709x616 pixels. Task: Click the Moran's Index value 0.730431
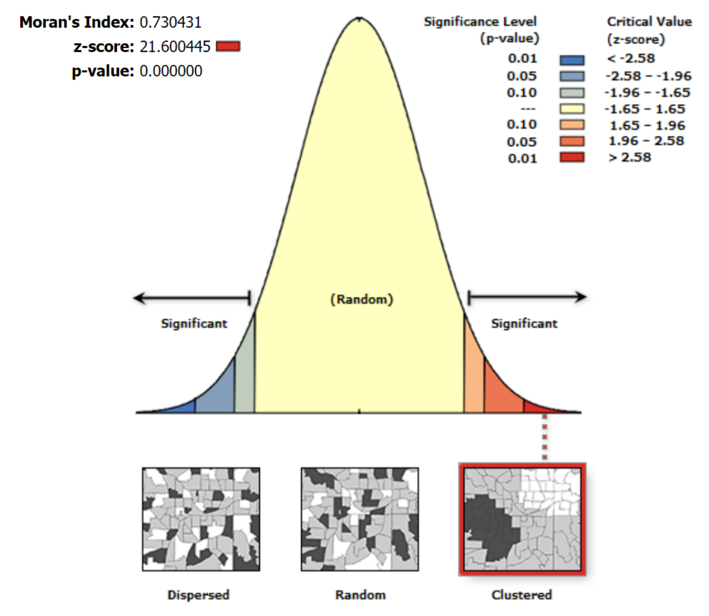[170, 23]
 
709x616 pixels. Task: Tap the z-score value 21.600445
[175, 47]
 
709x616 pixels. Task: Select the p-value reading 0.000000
[171, 71]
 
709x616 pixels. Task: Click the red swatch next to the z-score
[228, 47]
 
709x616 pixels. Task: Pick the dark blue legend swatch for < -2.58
[572, 60]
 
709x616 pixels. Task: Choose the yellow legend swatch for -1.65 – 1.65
[572, 109]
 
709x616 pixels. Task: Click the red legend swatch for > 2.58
[572, 157]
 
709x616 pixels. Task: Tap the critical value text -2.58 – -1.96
[648, 76]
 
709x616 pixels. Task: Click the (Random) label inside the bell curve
[361, 299]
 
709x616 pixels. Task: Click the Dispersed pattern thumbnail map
[201, 519]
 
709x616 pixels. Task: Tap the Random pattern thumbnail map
[360, 519]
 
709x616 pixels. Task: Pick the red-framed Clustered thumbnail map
[522, 519]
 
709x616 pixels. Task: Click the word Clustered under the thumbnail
[521, 595]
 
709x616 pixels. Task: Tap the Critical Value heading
[649, 22]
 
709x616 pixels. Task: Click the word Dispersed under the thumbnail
[198, 595]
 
